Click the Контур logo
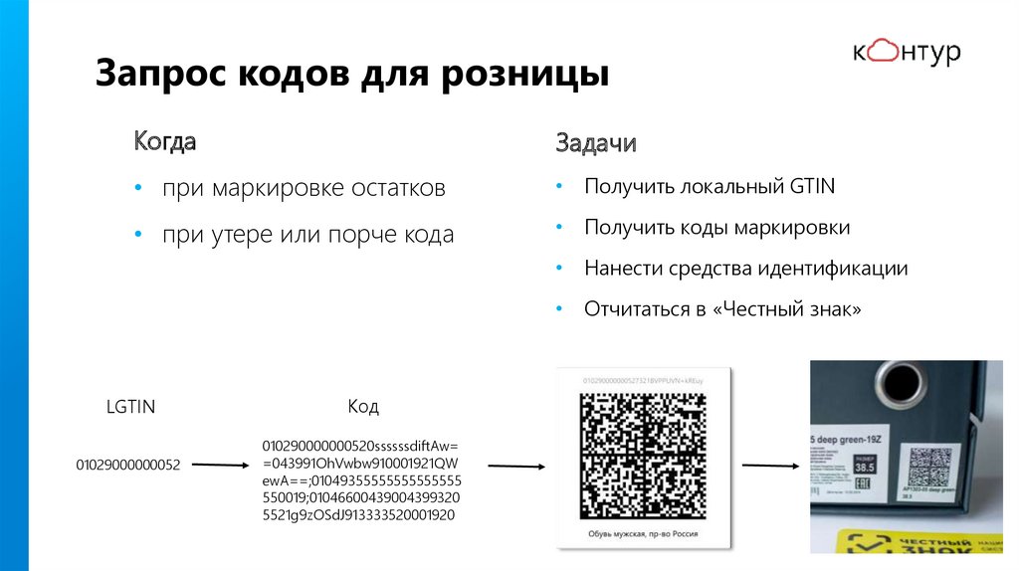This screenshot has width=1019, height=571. [906, 52]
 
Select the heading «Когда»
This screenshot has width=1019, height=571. [165, 141]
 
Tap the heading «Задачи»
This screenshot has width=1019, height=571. [596, 143]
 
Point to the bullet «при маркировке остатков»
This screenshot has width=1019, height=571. [305, 188]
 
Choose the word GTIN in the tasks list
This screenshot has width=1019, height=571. [812, 186]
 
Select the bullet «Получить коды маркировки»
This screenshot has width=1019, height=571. [716, 228]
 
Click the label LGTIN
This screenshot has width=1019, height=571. [130, 407]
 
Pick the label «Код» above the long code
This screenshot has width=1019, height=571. [362, 407]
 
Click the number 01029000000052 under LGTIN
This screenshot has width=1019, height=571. [128, 465]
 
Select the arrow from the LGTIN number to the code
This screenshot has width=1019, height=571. [219, 464]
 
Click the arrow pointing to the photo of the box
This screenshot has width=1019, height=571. [770, 465]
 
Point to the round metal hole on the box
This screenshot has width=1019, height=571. [902, 382]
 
